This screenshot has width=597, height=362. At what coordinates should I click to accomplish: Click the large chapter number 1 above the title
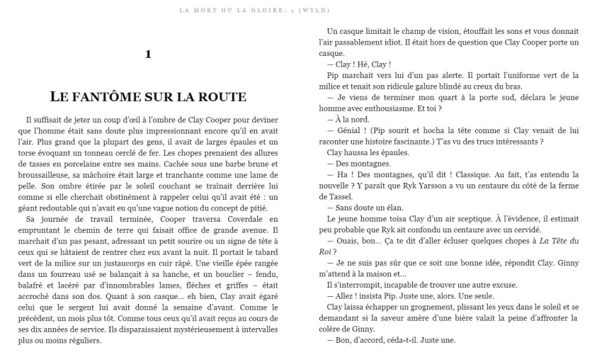tap(147, 54)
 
